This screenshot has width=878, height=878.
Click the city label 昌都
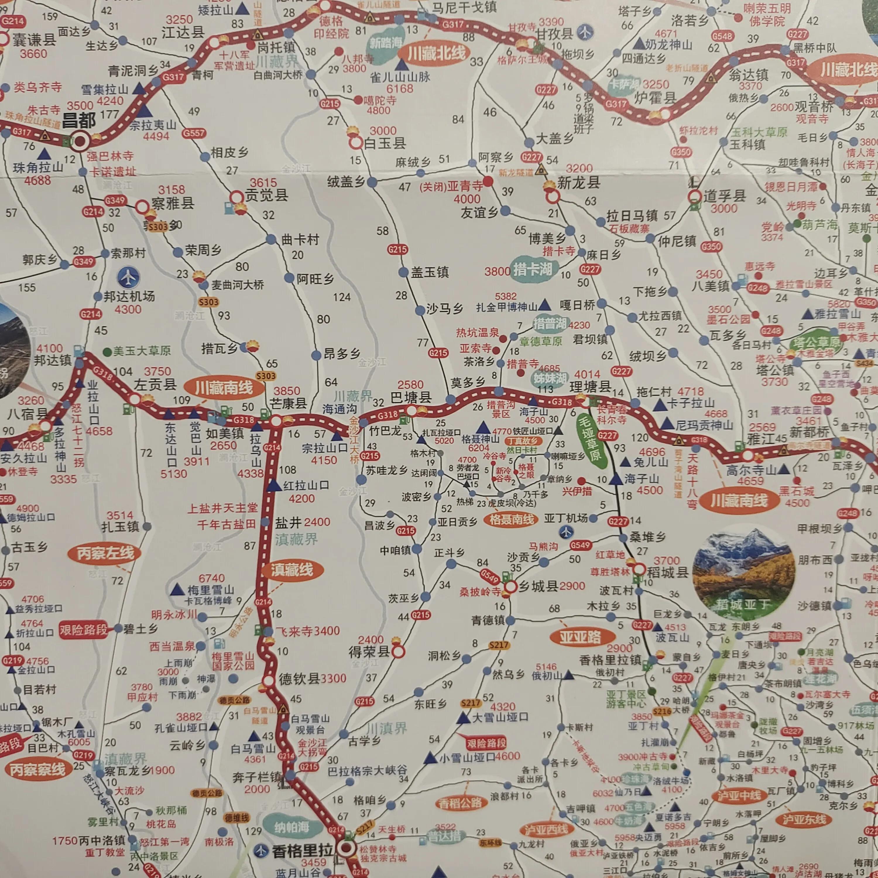click(x=79, y=121)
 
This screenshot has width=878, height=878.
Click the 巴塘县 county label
click(x=411, y=398)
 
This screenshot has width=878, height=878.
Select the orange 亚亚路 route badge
click(x=580, y=637)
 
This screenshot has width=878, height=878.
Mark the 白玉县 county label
click(x=385, y=144)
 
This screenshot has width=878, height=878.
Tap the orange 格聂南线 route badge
click(x=511, y=519)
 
